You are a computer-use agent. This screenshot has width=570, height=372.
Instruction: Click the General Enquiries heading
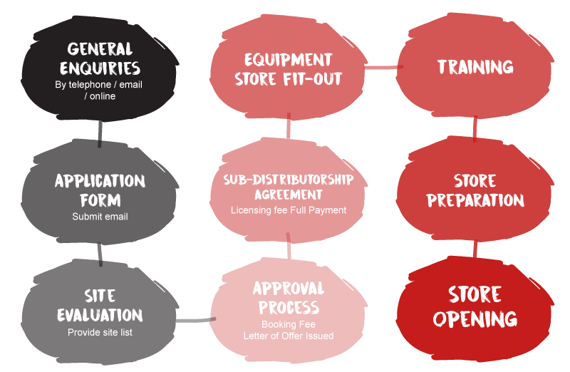(100, 59)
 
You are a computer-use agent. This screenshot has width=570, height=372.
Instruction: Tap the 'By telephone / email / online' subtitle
(100, 90)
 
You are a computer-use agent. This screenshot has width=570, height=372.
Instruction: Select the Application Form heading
(100, 190)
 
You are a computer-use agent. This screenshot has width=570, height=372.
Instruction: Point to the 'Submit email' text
(100, 216)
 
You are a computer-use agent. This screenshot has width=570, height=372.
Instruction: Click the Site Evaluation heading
(100, 304)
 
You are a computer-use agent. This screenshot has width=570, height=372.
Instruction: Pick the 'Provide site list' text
(100, 332)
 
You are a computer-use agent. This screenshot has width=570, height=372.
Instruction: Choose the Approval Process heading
(288, 298)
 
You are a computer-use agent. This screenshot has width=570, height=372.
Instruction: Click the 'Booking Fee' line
(288, 324)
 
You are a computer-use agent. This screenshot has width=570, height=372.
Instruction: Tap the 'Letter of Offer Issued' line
(288, 336)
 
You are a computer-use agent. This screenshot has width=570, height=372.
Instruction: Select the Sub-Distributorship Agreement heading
(288, 186)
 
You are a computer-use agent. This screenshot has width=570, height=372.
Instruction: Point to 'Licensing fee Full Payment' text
(288, 210)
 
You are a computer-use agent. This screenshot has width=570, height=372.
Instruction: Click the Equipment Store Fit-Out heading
(288, 68)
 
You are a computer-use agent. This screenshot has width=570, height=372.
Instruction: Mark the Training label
(475, 67)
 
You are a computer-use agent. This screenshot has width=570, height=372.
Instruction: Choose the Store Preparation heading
(475, 190)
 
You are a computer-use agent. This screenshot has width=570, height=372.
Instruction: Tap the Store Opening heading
(475, 306)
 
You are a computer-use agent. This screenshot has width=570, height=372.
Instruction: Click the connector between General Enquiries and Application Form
(100, 134)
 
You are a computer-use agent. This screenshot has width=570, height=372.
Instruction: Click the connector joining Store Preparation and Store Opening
(475, 248)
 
